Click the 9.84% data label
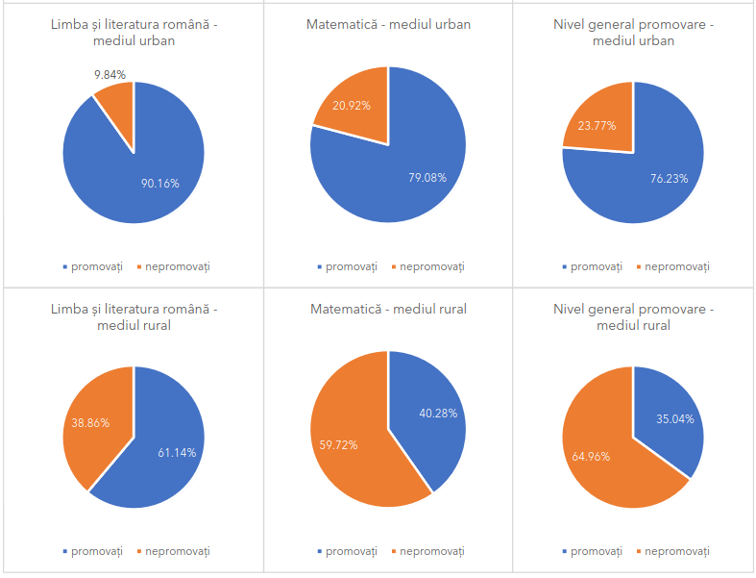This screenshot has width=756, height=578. [110, 74]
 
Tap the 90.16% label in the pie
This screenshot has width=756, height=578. [159, 183]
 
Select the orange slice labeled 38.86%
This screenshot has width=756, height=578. [91, 423]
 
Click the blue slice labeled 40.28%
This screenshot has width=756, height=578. [431, 413]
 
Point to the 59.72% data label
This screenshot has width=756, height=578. [339, 445]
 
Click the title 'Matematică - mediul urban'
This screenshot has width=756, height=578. [388, 24]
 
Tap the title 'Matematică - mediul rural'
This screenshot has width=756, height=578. [388, 309]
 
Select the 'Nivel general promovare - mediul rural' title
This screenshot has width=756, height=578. [633, 316]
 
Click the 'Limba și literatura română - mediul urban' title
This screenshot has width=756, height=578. [134, 32]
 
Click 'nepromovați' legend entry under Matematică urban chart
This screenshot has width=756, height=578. [431, 266]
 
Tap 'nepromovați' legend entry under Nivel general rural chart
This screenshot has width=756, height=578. [676, 551]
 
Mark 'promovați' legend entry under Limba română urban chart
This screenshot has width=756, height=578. [97, 266]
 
